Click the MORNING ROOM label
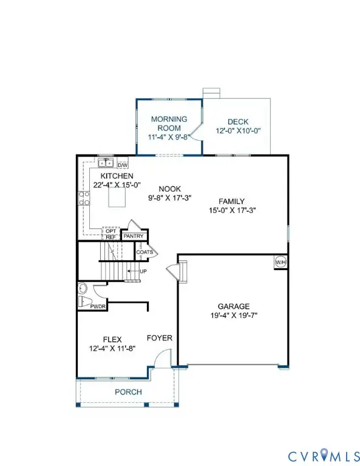click(169, 123)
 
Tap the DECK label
click(237, 122)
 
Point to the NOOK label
click(169, 189)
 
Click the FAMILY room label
click(231, 201)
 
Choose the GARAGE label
click(234, 306)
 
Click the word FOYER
click(160, 338)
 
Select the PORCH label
click(128, 392)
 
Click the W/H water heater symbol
click(280, 262)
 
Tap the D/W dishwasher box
click(122, 164)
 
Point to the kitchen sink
click(105, 163)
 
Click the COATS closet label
click(144, 252)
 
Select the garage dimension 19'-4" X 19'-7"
click(234, 316)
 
